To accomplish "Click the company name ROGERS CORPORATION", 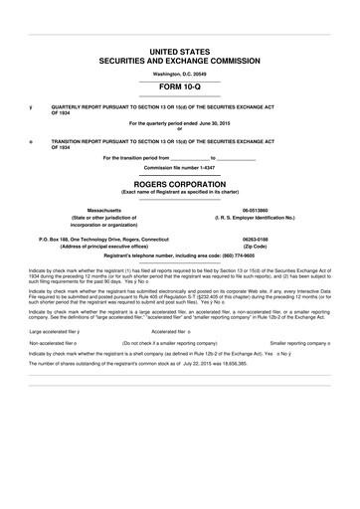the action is (179, 184).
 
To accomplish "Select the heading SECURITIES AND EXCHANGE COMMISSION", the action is (179, 61).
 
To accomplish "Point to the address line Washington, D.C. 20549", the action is (179, 73).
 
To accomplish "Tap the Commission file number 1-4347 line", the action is (179, 167).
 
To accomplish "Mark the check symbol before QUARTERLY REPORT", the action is (31, 104).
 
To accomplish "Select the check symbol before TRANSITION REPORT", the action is (31, 141).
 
